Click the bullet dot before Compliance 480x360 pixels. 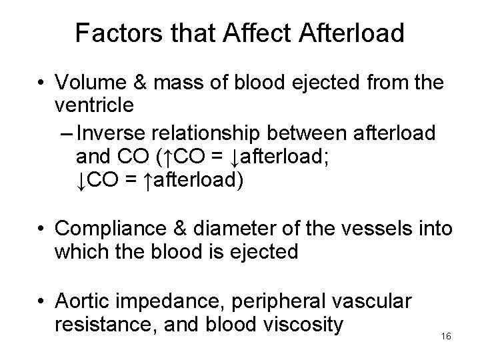click(42, 229)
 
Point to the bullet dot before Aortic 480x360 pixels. click(42, 301)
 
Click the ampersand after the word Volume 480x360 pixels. click(141, 84)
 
